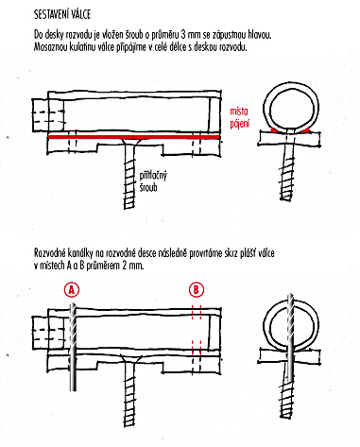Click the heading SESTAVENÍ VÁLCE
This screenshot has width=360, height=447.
tap(62, 15)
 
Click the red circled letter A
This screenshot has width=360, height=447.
tap(72, 289)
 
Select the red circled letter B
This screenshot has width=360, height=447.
tap(197, 289)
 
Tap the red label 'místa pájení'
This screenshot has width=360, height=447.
tap(239, 117)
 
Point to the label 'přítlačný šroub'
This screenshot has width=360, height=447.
tap(153, 181)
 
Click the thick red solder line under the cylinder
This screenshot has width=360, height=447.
tap(133, 137)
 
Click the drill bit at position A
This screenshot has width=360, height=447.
tap(73, 346)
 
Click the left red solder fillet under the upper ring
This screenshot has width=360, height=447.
tap(275, 129)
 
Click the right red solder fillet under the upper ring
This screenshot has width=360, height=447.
tap(304, 129)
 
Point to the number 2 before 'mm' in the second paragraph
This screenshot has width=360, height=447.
tap(125, 266)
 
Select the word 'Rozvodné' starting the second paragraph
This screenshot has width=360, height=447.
tap(49, 253)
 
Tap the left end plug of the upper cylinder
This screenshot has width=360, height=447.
tap(48, 115)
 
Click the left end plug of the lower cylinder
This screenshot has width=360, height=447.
tap(48, 333)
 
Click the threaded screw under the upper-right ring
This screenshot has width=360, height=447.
tap(287, 173)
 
